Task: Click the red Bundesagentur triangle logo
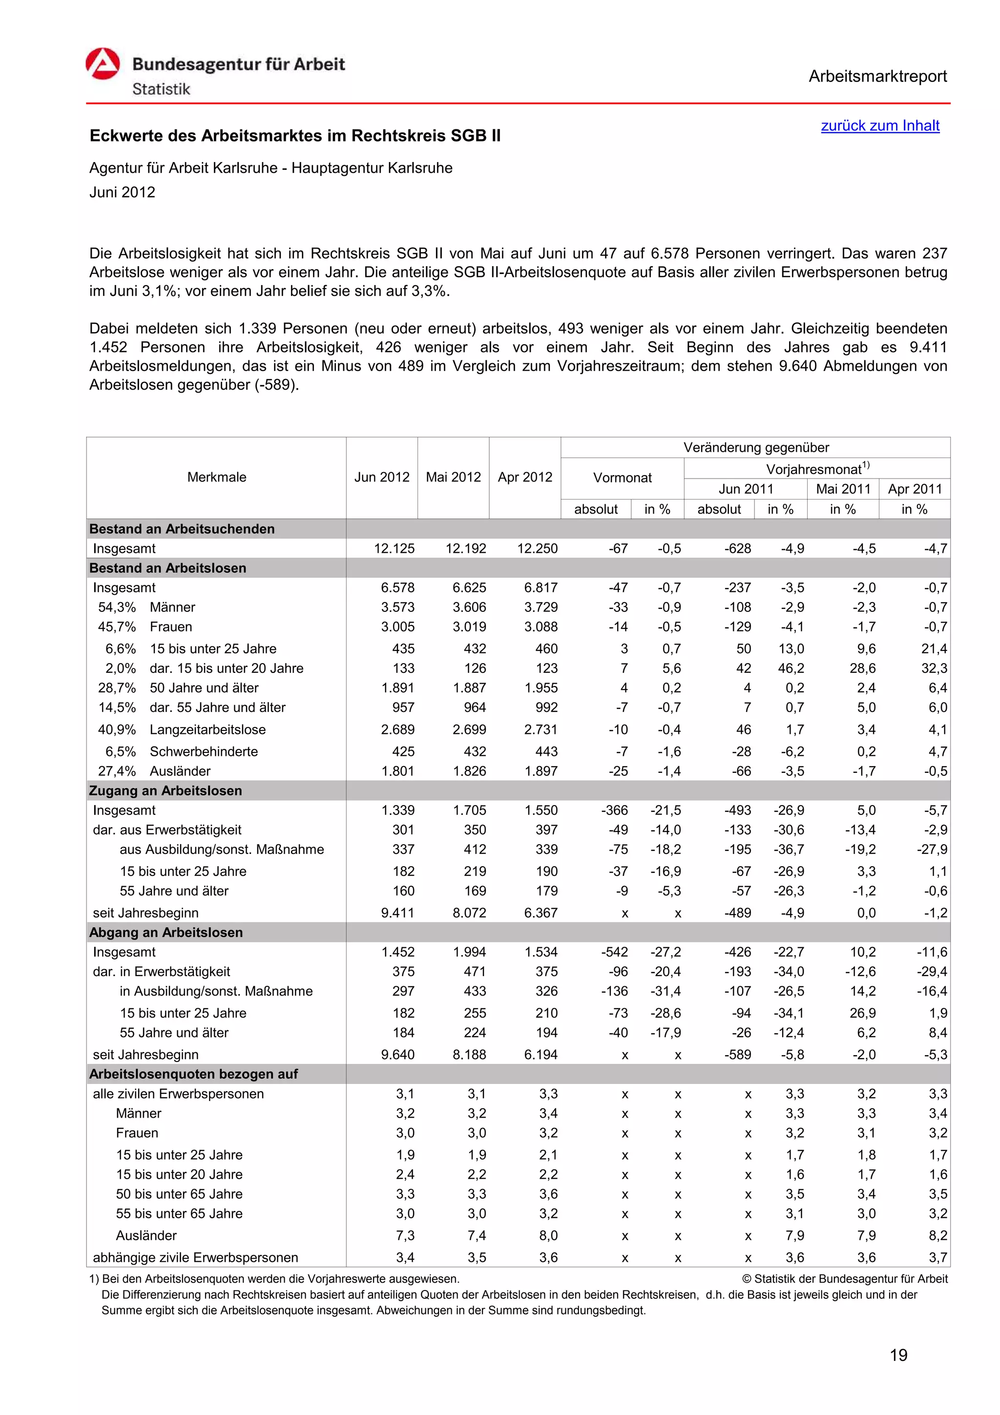coord(102,64)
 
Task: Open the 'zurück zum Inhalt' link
coord(879,125)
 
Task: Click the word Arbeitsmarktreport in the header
coord(877,77)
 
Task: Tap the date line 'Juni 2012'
coord(122,192)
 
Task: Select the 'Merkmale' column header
coord(216,477)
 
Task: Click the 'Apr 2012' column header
coord(524,477)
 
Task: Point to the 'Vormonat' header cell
coord(622,478)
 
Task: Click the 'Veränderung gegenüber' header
coord(755,447)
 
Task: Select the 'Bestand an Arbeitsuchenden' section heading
coord(182,529)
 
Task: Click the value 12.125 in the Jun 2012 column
coord(395,548)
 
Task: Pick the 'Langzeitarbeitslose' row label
coord(208,729)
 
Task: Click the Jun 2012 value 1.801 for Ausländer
coord(397,771)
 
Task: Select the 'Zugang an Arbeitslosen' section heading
coord(165,791)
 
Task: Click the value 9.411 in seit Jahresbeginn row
coord(397,913)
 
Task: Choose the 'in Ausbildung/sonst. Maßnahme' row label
coord(216,991)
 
